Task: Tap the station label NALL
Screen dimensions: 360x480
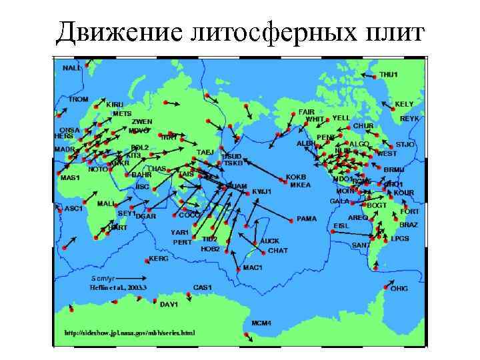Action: point(71,68)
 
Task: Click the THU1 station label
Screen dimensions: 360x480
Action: point(389,74)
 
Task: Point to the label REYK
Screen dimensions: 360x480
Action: point(409,118)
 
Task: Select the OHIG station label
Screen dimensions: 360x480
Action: point(399,289)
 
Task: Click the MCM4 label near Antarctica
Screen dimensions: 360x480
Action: point(261,323)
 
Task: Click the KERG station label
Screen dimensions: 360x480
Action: point(159,258)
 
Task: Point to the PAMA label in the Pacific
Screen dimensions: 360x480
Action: point(307,218)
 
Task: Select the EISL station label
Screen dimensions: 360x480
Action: point(341,225)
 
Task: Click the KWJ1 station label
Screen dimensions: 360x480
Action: point(262,191)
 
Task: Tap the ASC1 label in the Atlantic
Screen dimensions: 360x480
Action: point(73,208)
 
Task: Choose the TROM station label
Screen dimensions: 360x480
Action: point(78,99)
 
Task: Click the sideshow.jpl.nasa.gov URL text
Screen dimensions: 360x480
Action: point(129,331)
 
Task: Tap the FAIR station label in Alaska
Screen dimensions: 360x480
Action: point(306,111)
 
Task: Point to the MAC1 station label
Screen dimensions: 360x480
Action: point(253,267)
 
